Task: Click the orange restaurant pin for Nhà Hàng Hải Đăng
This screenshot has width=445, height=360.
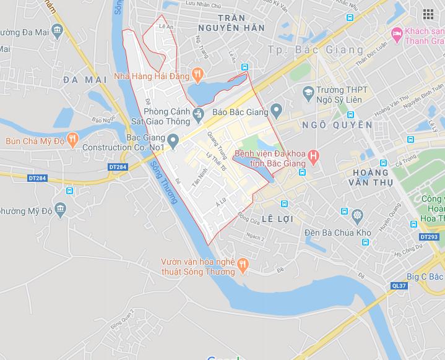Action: tap(197, 76)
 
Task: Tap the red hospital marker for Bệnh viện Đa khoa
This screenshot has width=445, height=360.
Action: tap(314, 155)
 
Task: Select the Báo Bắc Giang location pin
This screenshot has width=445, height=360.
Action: tap(276, 112)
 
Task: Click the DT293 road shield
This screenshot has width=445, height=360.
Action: tap(428, 237)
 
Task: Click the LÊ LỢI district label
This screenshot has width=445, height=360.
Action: tap(276, 219)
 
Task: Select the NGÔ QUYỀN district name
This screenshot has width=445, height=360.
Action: tap(337, 125)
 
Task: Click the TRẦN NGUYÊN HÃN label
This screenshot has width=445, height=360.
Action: tap(232, 28)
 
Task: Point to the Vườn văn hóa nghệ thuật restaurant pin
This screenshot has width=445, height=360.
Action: tap(243, 264)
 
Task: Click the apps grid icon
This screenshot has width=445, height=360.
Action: tap(428, 14)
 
